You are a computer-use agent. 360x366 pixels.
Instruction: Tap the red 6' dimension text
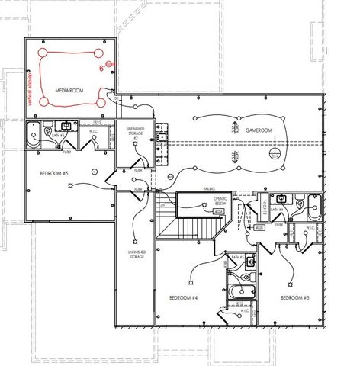click(x=101, y=68)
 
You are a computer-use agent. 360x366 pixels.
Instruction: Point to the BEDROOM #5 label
click(x=55, y=174)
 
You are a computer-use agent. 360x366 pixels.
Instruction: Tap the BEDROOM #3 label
click(x=294, y=297)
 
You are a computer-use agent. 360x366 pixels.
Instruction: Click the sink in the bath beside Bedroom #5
click(x=66, y=125)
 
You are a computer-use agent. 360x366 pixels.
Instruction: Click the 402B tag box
click(x=259, y=226)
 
